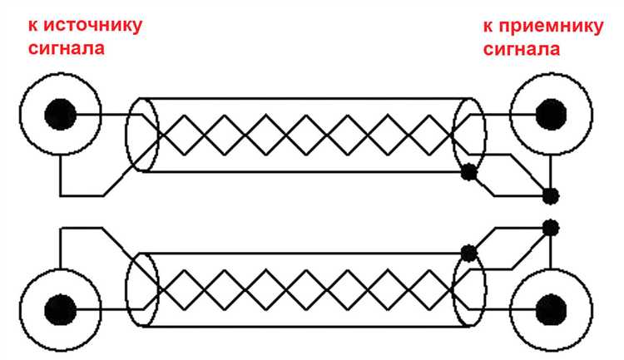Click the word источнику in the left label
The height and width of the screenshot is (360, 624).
tap(92, 26)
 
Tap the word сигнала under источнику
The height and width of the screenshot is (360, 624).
tap(66, 48)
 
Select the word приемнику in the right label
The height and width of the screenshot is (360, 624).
tap(550, 27)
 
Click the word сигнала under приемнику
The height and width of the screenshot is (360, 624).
tap(522, 49)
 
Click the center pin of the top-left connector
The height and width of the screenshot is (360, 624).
tap(60, 115)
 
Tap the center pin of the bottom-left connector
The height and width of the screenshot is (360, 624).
tap(60, 310)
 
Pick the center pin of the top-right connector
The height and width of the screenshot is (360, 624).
tap(551, 115)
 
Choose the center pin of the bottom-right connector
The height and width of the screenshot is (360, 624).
tap(551, 310)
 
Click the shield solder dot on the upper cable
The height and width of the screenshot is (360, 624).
tap(468, 172)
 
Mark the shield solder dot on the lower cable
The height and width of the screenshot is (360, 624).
tap(468, 253)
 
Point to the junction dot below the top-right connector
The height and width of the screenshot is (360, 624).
tap(551, 195)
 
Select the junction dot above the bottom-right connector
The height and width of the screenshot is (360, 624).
tap(551, 228)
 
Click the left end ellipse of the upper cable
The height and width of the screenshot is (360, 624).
tap(142, 135)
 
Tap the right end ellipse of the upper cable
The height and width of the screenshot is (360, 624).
tap(469, 135)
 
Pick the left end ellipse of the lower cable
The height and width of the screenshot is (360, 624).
tap(142, 289)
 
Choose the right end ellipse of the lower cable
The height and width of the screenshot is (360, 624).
tap(469, 289)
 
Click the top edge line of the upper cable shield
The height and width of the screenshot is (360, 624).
tap(305, 98)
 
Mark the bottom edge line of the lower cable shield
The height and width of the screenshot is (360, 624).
tap(305, 327)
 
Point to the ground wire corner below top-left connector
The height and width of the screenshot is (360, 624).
tap(60, 195)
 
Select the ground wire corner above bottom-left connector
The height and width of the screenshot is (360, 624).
tap(60, 228)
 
